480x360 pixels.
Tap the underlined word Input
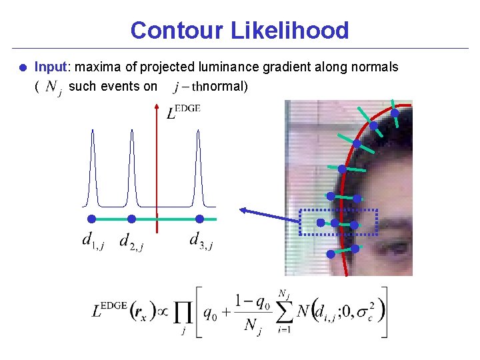[x=51, y=67]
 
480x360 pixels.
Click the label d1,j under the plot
[x=93, y=240]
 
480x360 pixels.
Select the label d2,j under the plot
[x=131, y=241]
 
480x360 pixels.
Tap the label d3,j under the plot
[x=201, y=240]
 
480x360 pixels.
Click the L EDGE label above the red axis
[x=183, y=111]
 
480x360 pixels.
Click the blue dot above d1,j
[x=92, y=219]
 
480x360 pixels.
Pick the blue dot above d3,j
[x=199, y=219]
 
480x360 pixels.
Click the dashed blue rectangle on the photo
[x=339, y=223]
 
